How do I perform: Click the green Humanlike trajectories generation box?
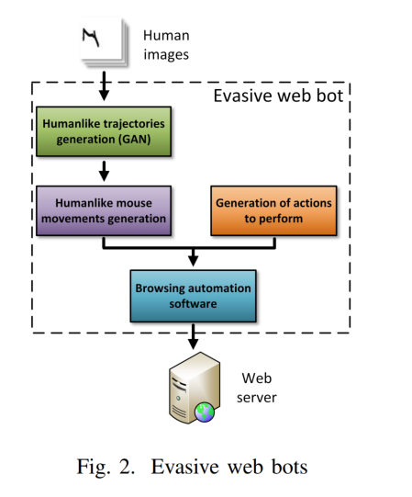(x=104, y=131)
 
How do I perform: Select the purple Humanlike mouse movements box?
(x=104, y=210)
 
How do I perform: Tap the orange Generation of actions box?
(x=273, y=210)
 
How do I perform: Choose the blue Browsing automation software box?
(x=194, y=296)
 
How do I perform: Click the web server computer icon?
(x=195, y=388)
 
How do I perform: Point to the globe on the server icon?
(x=205, y=412)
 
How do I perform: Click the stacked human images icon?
(x=105, y=42)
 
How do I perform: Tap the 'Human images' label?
(x=166, y=45)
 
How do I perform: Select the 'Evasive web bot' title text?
(x=278, y=96)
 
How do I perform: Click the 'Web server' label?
(x=257, y=388)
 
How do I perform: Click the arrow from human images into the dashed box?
(x=104, y=86)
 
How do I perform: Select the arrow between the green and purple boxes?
(x=104, y=171)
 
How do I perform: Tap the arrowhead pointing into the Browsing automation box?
(x=194, y=261)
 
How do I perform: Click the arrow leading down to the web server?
(x=194, y=336)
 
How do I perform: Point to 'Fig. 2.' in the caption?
(x=106, y=468)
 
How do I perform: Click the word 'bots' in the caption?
(x=289, y=468)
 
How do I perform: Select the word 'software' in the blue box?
(x=194, y=304)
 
